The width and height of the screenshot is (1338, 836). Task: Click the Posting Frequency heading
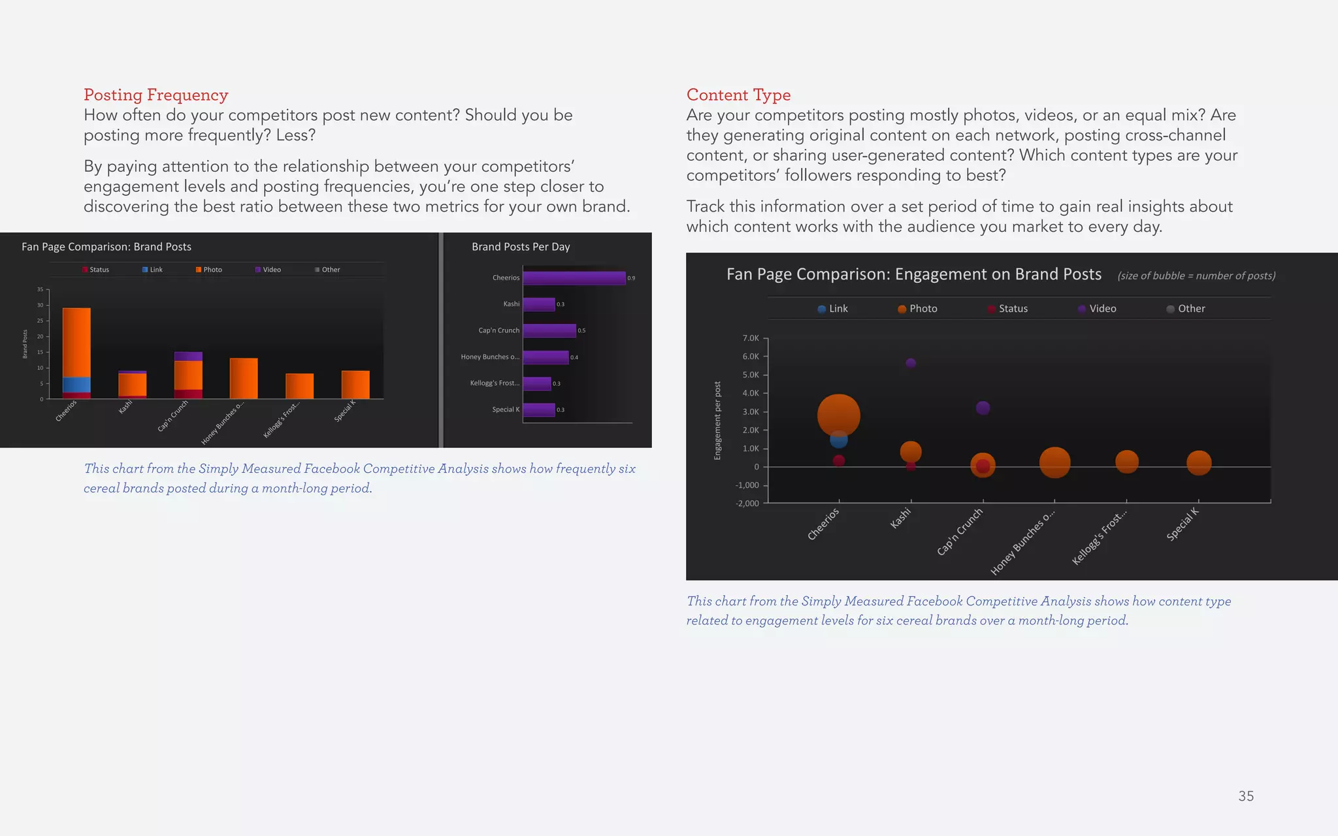pos(155,95)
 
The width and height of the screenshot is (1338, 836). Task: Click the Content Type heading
pos(738,95)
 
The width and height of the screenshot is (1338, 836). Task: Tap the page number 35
pos(1245,796)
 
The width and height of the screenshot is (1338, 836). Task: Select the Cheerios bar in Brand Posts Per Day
pos(574,278)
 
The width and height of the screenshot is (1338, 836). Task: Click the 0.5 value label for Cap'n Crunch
pos(581,330)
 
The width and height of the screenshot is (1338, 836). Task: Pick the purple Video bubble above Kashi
pos(911,363)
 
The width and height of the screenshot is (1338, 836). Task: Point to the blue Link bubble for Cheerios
pos(838,440)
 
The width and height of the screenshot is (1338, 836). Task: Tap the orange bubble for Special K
pos(1198,463)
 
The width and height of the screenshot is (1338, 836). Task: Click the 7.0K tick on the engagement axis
pos(751,338)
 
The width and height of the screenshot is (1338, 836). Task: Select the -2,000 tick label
pos(747,504)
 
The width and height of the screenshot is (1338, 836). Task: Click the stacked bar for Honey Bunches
pos(244,379)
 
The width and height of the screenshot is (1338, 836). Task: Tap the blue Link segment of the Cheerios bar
pos(76,385)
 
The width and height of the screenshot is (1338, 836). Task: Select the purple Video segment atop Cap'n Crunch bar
pos(188,356)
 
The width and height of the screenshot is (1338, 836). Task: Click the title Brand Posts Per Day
pos(521,247)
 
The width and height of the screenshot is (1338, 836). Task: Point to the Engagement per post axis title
pos(717,421)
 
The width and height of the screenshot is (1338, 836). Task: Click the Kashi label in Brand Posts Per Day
pos(511,304)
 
